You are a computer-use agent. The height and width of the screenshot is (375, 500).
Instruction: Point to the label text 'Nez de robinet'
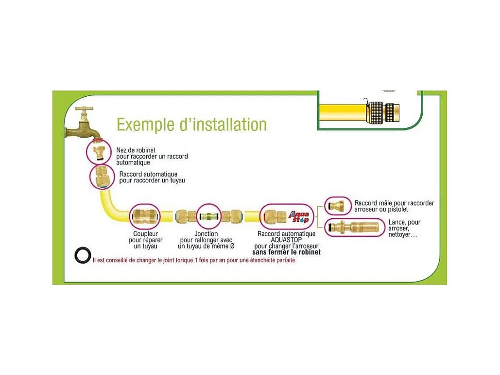(136, 150)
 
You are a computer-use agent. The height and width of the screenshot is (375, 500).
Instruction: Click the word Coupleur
(145, 234)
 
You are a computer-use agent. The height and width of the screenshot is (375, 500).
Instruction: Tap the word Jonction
(206, 234)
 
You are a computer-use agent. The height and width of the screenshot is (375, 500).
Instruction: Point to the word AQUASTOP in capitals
(286, 240)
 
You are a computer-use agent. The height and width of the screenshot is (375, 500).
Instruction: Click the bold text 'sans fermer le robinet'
(286, 252)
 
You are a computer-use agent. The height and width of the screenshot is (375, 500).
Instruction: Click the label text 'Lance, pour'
(404, 222)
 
